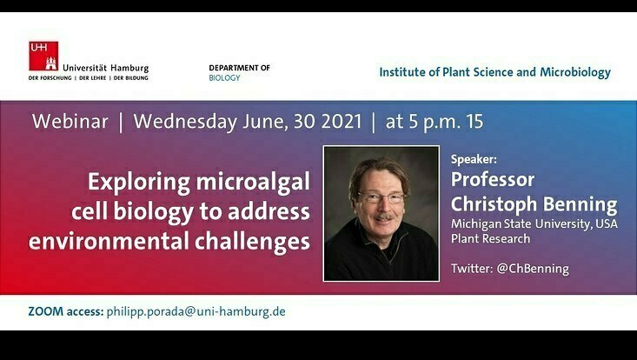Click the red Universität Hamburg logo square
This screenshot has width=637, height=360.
pos(43,56)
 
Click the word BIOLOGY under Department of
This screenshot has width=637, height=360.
pos(224,78)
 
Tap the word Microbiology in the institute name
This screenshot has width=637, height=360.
pos(575,72)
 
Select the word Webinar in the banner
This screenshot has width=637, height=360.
pos(70,122)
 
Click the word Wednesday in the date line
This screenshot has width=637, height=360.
pos(185,122)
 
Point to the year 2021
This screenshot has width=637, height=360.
pos(342,122)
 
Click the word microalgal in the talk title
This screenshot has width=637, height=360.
pos(253,183)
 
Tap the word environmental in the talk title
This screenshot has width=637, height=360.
pos(109,241)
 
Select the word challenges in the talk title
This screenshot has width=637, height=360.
pos(252,242)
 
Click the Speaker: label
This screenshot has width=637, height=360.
pos(474,160)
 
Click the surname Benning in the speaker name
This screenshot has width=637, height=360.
pos(580,205)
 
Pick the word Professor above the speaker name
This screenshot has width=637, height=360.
pos(493,180)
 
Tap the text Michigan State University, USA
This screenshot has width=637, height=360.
pos(534,223)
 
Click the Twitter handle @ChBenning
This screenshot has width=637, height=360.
pos(533,269)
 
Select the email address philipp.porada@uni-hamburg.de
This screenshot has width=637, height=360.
pos(196,312)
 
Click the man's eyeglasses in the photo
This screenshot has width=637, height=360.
pos(382,198)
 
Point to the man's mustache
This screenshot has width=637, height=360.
pos(383,217)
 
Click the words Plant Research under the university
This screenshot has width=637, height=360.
pos(490,238)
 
